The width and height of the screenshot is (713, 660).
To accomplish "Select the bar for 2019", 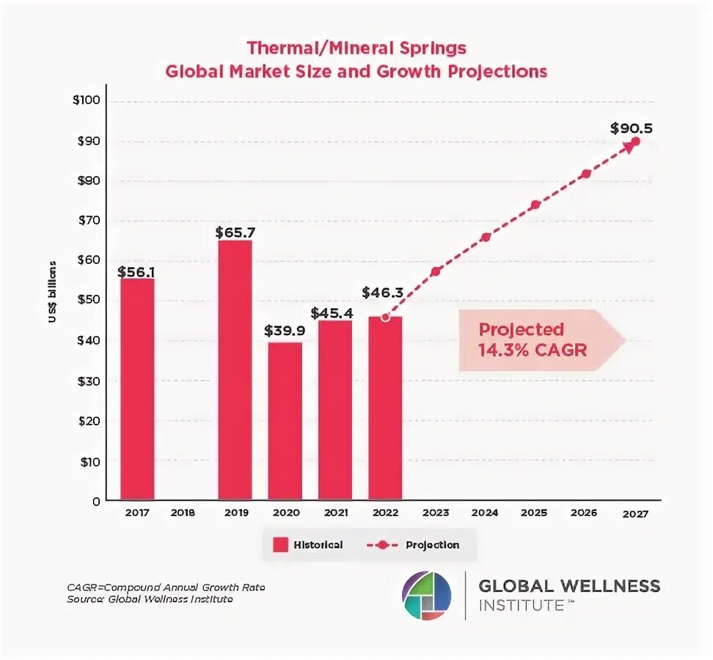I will click(235, 370).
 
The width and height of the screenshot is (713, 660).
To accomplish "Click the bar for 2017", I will click(137, 389).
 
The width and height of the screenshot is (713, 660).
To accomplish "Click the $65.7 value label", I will click(235, 232).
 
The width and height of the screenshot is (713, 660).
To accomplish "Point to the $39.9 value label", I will click(285, 331).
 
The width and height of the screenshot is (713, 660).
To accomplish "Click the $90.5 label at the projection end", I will click(631, 128).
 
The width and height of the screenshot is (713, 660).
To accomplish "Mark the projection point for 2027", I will click(635, 142).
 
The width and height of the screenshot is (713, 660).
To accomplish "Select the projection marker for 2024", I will click(486, 238).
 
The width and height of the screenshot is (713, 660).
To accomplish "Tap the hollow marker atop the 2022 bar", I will click(385, 318).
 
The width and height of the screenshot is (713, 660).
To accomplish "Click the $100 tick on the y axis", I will click(90, 100).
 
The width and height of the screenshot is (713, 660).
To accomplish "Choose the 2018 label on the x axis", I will click(183, 513).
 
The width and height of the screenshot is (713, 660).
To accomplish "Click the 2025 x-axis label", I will click(535, 513).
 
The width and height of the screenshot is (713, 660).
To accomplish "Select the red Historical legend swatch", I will click(279, 545).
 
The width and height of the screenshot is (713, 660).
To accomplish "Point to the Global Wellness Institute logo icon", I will click(427, 594).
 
